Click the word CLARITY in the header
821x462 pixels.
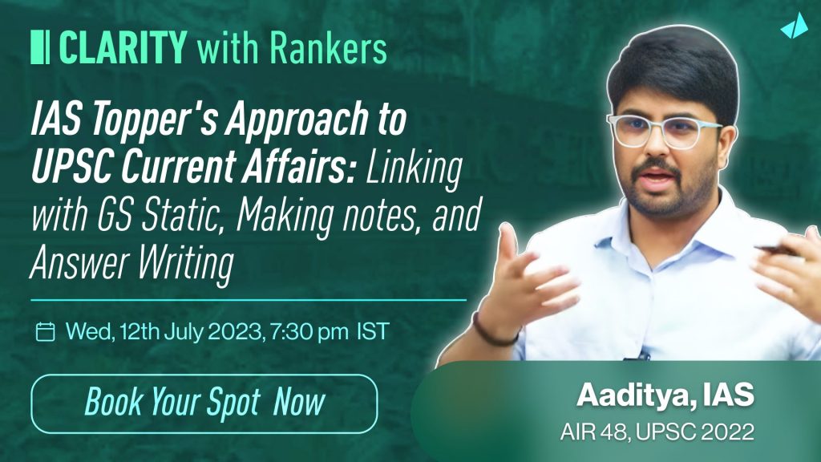click(x=123, y=47)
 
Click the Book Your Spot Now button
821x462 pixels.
click(x=204, y=404)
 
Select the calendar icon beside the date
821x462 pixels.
click(x=45, y=331)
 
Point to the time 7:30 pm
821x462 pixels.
click(x=309, y=331)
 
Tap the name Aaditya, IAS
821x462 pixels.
click(x=665, y=395)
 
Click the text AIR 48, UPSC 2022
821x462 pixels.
click(x=657, y=432)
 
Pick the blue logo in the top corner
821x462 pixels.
click(x=795, y=26)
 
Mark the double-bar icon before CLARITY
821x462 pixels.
click(x=40, y=47)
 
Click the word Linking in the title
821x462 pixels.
click(x=415, y=168)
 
